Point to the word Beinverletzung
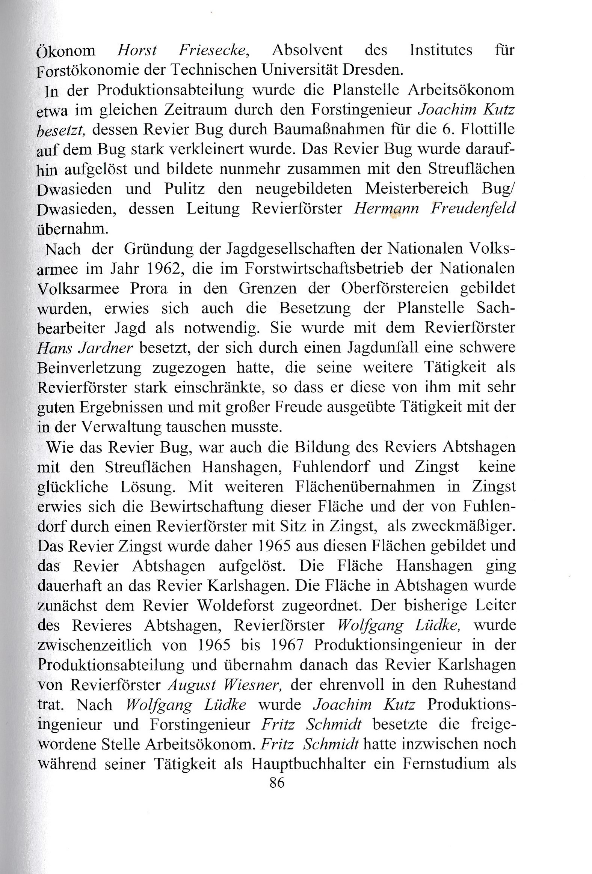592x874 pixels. click(x=89, y=368)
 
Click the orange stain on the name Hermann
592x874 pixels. click(x=394, y=215)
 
